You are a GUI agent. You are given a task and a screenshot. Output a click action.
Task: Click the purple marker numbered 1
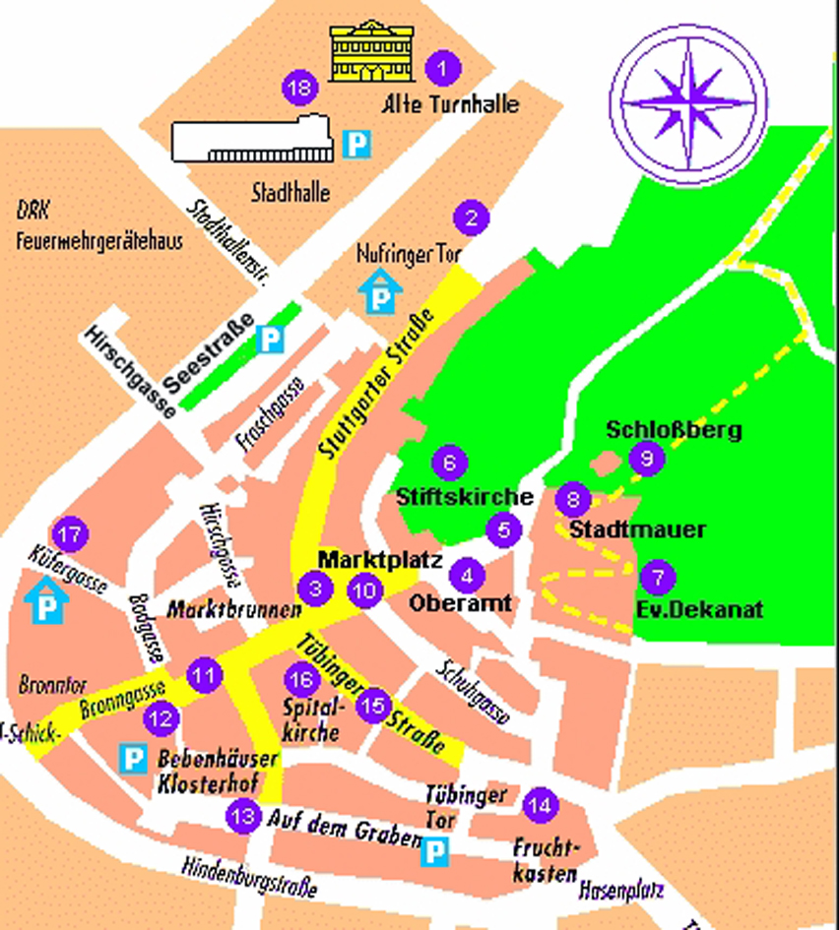click(x=442, y=68)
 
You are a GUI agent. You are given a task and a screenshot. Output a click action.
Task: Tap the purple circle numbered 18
click(x=300, y=89)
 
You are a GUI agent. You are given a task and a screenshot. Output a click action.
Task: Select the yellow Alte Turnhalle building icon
click(x=370, y=51)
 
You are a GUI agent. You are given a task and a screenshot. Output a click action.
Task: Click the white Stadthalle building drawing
click(x=252, y=138)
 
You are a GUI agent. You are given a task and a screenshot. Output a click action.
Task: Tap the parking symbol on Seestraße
click(x=269, y=341)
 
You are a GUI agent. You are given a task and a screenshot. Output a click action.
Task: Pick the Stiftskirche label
click(x=464, y=497)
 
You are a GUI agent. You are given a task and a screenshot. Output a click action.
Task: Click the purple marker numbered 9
click(x=646, y=458)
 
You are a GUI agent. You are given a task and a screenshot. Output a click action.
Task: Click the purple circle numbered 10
click(x=364, y=589)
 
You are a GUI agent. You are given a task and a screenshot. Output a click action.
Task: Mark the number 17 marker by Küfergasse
click(x=69, y=536)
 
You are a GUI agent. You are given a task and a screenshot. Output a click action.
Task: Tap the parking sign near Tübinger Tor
click(x=434, y=851)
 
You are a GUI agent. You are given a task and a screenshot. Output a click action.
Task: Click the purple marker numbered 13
click(x=243, y=815)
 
